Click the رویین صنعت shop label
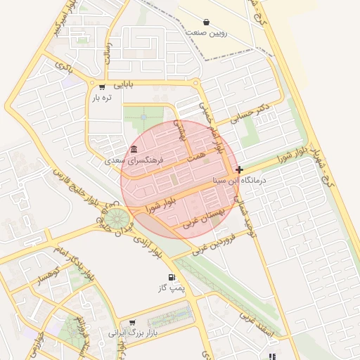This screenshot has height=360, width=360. (x=205, y=32)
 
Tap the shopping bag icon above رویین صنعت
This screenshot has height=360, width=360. (x=205, y=22)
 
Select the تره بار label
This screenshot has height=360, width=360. (x=101, y=98)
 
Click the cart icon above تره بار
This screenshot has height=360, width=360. (x=102, y=87)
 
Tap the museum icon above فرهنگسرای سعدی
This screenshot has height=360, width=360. (x=134, y=148)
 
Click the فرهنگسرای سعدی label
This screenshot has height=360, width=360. (x=134, y=160)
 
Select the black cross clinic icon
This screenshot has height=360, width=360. (x=240, y=169)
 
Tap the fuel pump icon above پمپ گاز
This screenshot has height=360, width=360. (x=172, y=277)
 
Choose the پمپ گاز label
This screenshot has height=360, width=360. (x=172, y=288)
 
